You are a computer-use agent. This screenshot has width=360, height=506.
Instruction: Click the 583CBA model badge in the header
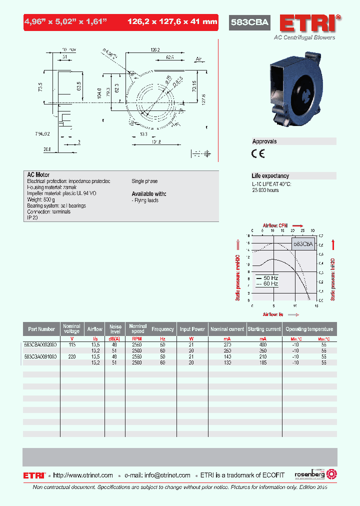click(249, 22)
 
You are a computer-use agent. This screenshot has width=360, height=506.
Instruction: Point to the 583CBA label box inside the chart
click(303, 244)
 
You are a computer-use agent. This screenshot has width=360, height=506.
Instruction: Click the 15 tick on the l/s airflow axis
click(316, 305)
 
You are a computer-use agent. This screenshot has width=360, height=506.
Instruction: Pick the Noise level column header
click(115, 329)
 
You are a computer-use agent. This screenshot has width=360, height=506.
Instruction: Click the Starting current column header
click(263, 329)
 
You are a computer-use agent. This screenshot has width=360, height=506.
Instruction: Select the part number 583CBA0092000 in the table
click(40, 344)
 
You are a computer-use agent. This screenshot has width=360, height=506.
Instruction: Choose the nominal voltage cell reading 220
click(72, 356)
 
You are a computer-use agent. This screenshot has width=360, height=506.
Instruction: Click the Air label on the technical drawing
click(198, 58)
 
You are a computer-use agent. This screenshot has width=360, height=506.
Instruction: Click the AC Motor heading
click(38, 175)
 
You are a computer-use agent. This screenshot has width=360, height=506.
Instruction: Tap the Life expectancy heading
click(270, 176)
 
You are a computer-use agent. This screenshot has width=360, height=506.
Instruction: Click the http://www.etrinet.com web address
click(82, 475)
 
